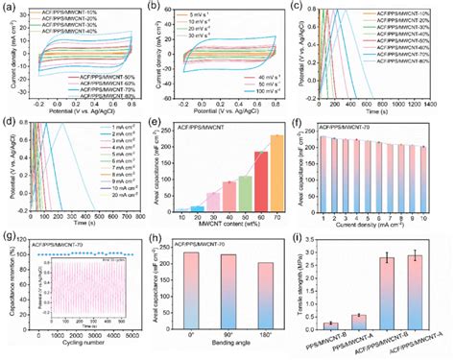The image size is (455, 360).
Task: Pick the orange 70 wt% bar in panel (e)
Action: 251,173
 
